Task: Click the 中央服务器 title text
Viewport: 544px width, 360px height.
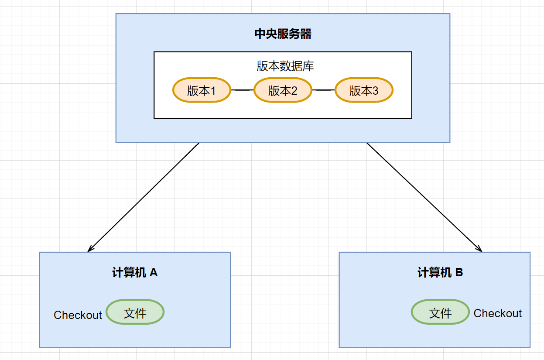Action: (283, 34)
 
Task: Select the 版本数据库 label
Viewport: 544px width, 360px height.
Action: (285, 66)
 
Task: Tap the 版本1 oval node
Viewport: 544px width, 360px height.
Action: (202, 90)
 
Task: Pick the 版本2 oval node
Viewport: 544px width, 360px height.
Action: (283, 90)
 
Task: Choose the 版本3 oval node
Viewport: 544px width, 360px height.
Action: (364, 90)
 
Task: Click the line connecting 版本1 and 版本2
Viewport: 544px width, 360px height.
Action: (242, 90)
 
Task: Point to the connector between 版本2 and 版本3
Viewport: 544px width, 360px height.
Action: (323, 90)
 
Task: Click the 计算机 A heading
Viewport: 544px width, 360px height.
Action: (135, 273)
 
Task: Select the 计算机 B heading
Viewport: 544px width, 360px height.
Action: (440, 273)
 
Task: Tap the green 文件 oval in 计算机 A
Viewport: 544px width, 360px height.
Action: (135, 312)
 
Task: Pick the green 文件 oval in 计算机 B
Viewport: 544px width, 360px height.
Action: (440, 312)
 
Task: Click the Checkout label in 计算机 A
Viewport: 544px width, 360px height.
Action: (78, 315)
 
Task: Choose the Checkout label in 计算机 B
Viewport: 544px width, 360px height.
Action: (498, 313)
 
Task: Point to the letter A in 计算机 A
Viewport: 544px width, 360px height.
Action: (154, 273)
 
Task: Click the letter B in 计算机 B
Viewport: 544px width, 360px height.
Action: (459, 273)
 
